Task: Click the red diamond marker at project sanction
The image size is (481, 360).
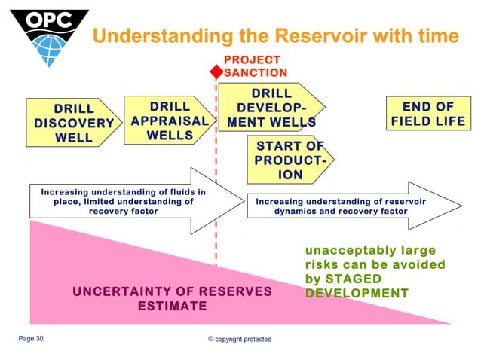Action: [216, 72]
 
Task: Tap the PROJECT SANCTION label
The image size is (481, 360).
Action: [256, 66]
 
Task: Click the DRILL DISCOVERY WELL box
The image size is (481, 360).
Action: [73, 122]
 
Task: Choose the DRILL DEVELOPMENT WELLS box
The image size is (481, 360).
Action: [271, 108]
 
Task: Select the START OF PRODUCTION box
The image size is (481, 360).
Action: [290, 160]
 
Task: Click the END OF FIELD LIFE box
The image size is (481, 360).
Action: [427, 114]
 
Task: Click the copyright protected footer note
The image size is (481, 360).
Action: [240, 340]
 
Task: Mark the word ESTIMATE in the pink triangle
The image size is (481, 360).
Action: [172, 307]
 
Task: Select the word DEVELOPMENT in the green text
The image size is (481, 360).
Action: [357, 293]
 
